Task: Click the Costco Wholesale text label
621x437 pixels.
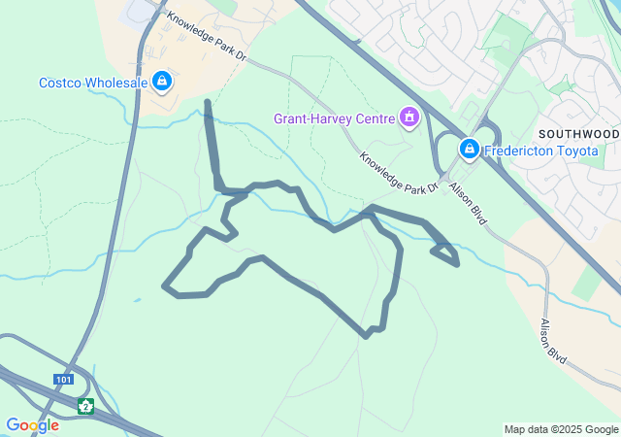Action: (x=93, y=83)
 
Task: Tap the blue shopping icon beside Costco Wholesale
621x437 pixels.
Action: (x=162, y=82)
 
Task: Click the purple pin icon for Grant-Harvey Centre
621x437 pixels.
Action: (x=409, y=118)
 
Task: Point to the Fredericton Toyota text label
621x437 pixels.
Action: (x=543, y=150)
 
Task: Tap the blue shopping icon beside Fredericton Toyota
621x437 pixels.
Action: (x=470, y=149)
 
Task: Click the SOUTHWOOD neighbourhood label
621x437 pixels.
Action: (x=580, y=132)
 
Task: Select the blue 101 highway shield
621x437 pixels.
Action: (x=64, y=380)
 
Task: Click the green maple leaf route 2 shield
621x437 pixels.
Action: (x=86, y=406)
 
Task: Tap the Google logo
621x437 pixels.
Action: (x=32, y=424)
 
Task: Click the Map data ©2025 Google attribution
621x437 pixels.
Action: (x=561, y=429)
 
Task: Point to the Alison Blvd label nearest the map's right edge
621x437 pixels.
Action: (x=553, y=342)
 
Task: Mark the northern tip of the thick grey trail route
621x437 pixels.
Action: (x=207, y=102)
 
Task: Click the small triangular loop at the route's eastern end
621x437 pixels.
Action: (x=445, y=253)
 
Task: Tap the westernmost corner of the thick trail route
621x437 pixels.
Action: (x=164, y=286)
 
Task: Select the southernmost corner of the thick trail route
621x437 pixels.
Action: (x=366, y=336)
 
